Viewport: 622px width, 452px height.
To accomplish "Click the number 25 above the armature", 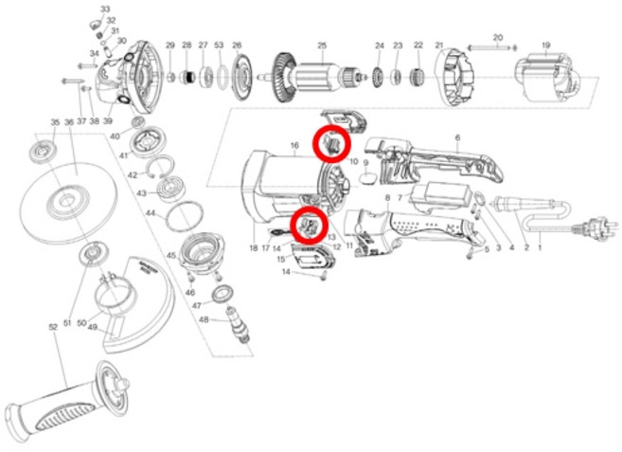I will [x=321, y=45].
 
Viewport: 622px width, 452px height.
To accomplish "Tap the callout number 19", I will [x=545, y=45].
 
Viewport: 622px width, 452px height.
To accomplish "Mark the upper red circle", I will [x=332, y=143].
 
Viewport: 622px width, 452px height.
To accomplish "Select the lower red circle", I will [x=309, y=225].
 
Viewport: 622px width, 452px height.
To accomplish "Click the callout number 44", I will [x=150, y=213].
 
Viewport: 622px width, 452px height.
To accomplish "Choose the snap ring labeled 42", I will [x=162, y=172].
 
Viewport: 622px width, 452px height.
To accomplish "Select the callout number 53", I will [x=219, y=45].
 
